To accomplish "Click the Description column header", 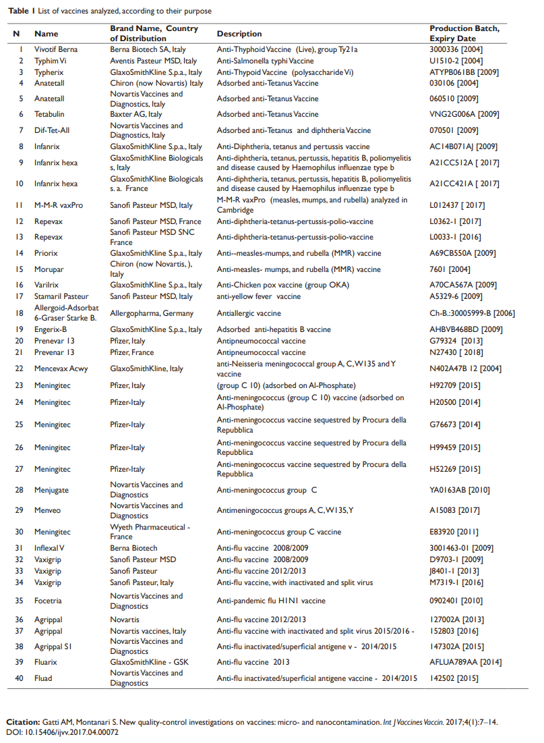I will pyautogui.click(x=239, y=34).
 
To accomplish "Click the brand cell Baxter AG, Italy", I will pyautogui.click(x=136, y=115).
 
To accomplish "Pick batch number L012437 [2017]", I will pyautogui.click(x=457, y=205).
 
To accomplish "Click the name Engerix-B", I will pyautogui.click(x=51, y=330).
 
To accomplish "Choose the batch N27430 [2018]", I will pyautogui.click(x=455, y=352).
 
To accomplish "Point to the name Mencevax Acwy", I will pyautogui.click(x=61, y=368).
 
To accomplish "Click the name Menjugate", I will pyautogui.click(x=51, y=490).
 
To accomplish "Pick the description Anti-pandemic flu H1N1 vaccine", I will pyautogui.click(x=271, y=601).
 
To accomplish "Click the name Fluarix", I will pyautogui.click(x=47, y=662).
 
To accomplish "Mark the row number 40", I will pyautogui.click(x=20, y=678).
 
